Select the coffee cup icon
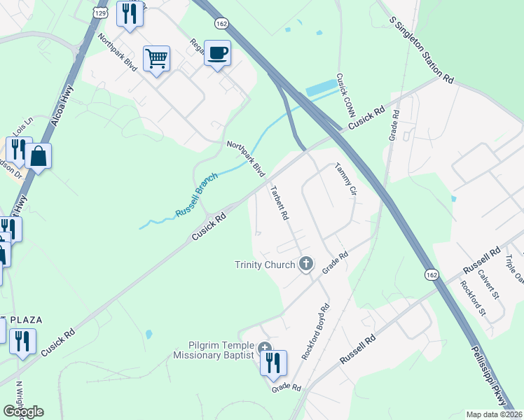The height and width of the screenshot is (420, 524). click(x=218, y=52)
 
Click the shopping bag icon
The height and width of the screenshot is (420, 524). click(x=39, y=156)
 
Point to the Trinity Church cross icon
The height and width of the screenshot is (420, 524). click(x=305, y=264)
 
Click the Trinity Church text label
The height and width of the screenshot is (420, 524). click(x=264, y=265)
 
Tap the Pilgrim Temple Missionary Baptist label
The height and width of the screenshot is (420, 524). click(x=213, y=351)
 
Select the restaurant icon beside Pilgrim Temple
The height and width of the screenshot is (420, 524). click(x=274, y=362)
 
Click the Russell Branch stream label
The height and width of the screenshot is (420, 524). click(x=197, y=194)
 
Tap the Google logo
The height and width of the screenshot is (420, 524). click(x=23, y=412)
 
